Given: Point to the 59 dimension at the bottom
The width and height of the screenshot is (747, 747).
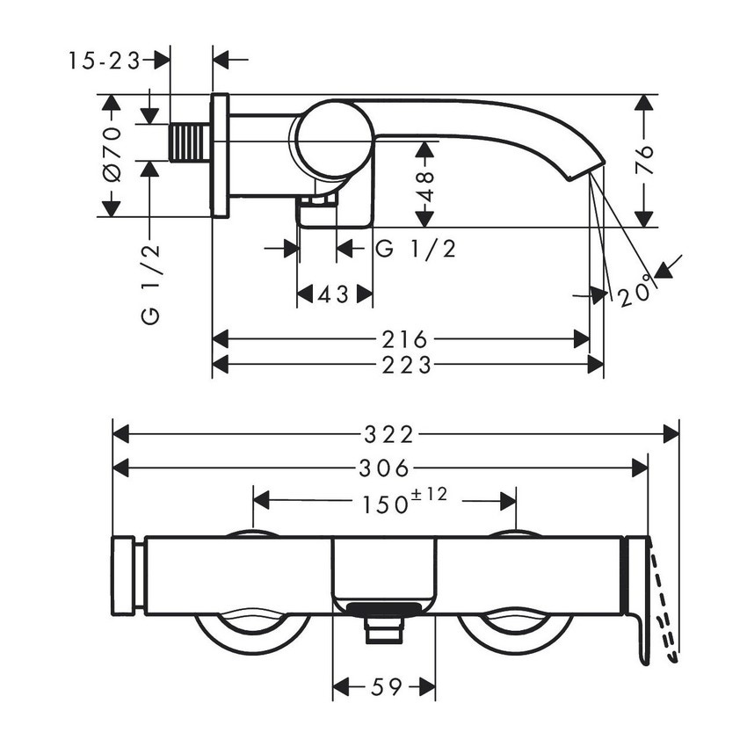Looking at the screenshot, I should tap(384, 687).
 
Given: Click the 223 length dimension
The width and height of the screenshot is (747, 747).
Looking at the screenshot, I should tap(408, 364).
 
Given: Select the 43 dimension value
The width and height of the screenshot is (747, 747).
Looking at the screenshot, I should tap(334, 294).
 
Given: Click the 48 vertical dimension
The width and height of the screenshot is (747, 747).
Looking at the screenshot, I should tap(427, 188).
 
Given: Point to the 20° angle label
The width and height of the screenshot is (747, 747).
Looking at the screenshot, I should tap(636, 290).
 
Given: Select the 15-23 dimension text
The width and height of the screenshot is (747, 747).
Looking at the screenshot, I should tap(105, 60).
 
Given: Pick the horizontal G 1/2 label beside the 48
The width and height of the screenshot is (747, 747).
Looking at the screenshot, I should tap(416, 249).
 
